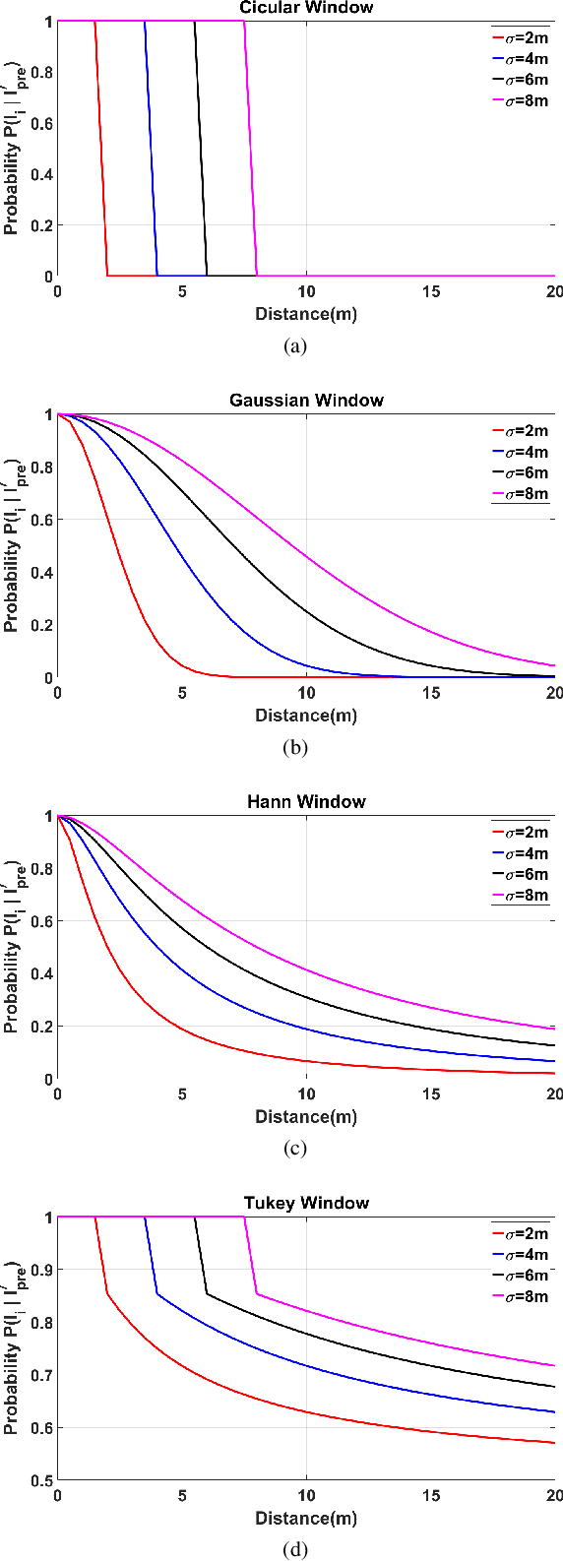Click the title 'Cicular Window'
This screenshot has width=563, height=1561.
(306, 8)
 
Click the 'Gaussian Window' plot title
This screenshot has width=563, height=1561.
(306, 401)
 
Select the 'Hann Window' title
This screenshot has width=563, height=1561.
(306, 802)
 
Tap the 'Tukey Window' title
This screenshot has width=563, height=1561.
(306, 1203)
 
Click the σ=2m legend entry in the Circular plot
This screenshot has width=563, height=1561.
(519, 37)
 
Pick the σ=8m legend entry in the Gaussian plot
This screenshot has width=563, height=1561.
(519, 494)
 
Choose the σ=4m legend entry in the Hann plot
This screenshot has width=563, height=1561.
(519, 853)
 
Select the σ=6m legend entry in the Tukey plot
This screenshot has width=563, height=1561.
(519, 1276)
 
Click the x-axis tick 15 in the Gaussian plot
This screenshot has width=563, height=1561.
(431, 693)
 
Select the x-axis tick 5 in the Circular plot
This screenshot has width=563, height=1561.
(182, 291)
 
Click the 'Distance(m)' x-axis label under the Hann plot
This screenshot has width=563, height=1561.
(306, 1117)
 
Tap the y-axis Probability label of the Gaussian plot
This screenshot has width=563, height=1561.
(12, 544)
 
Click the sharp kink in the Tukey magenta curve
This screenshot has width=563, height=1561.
(257, 1293)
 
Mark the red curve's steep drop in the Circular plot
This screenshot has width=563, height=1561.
(101, 148)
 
